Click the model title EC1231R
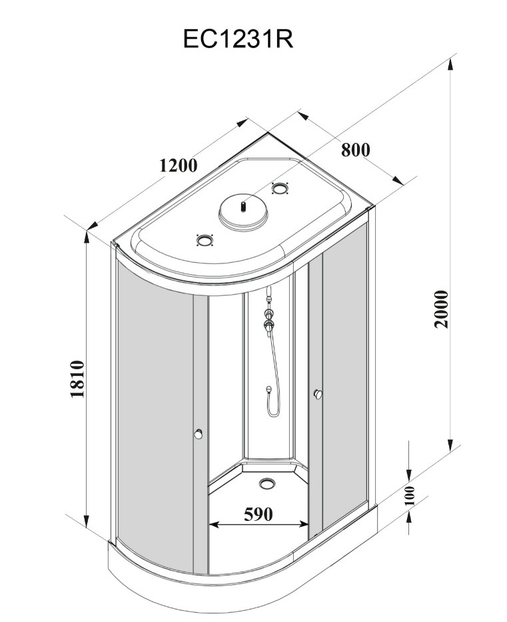(238, 39)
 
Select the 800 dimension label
(355, 150)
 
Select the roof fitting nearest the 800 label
(281, 189)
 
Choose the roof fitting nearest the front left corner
(203, 239)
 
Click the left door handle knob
(198, 434)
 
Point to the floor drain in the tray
(268, 482)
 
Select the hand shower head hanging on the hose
(268, 391)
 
